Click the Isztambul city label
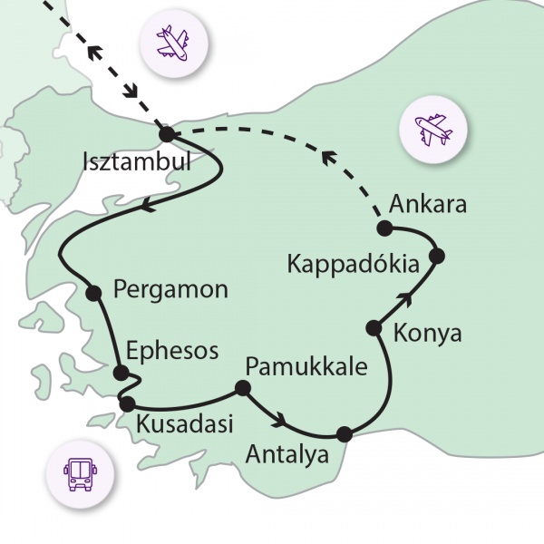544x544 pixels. pos(137,164)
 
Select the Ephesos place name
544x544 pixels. pos(172,352)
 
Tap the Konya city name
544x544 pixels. pos(428,334)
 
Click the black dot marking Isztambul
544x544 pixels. pos(166,134)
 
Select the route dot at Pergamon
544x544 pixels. pos(92,293)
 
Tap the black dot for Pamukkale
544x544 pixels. pos(242,388)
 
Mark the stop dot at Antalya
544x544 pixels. pos(344,434)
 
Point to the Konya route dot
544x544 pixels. pos(372,327)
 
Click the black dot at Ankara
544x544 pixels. pos(384,228)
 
